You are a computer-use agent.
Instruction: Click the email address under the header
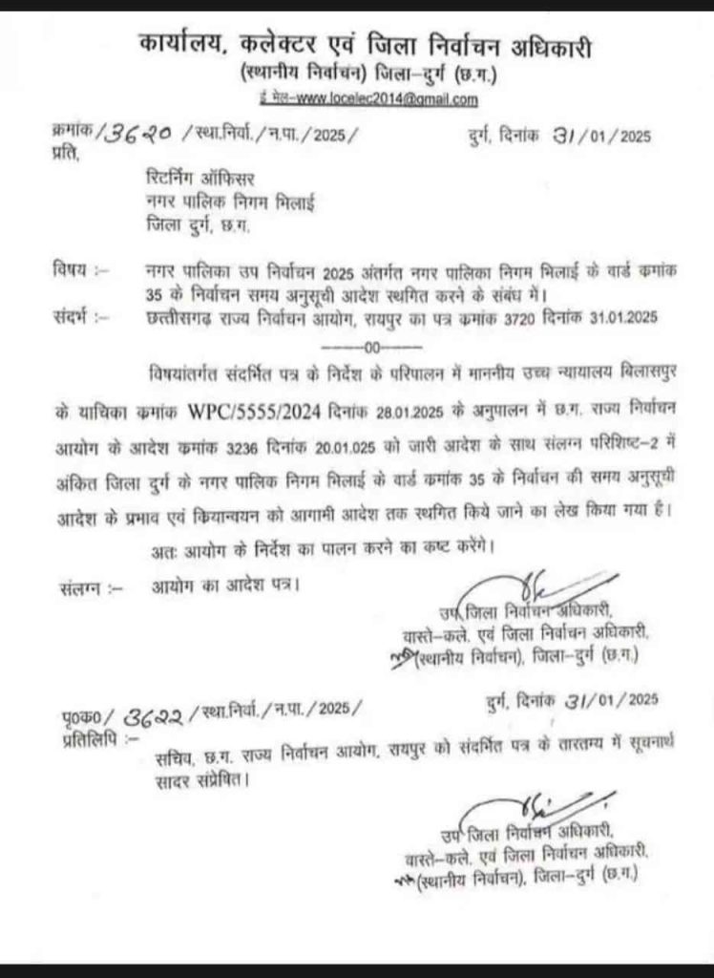tap(368, 98)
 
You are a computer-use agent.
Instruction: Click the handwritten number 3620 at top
tap(113, 135)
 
